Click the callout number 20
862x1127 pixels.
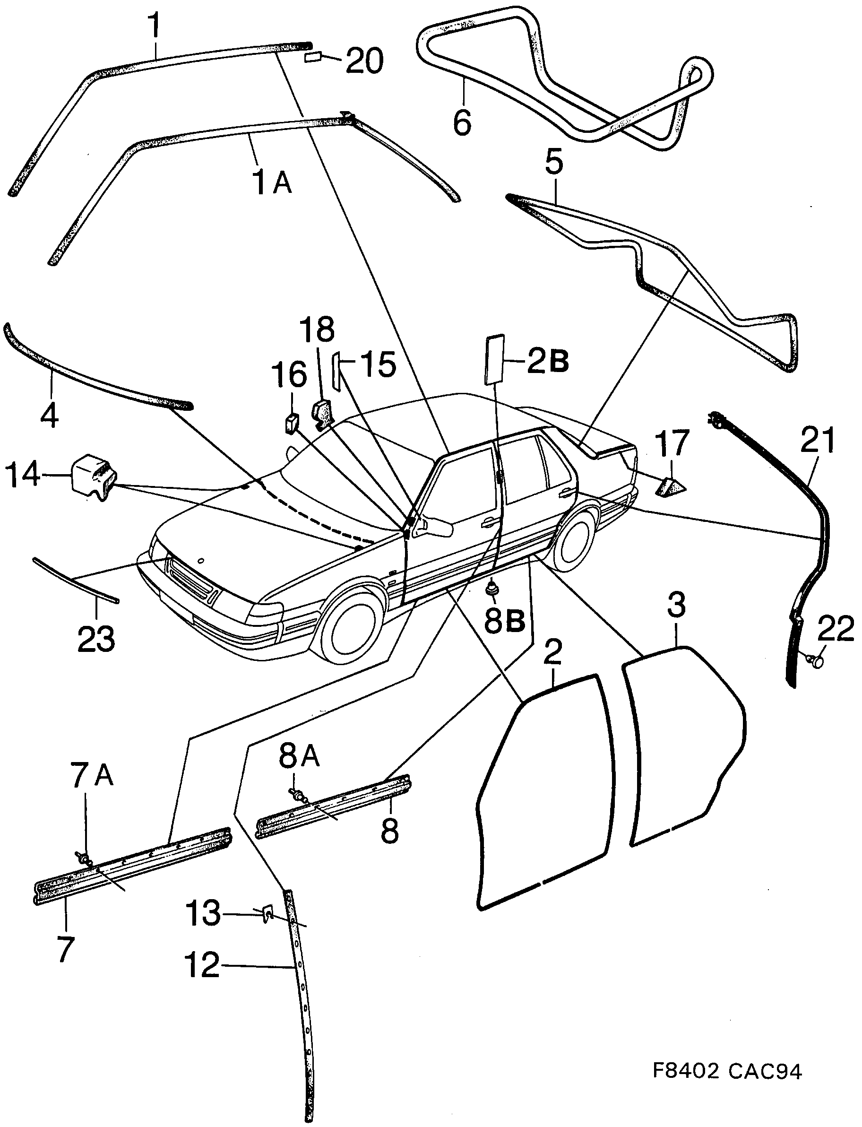[364, 61]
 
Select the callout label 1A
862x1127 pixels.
[272, 182]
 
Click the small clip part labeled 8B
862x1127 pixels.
[492, 588]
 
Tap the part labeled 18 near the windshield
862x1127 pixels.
[322, 414]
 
